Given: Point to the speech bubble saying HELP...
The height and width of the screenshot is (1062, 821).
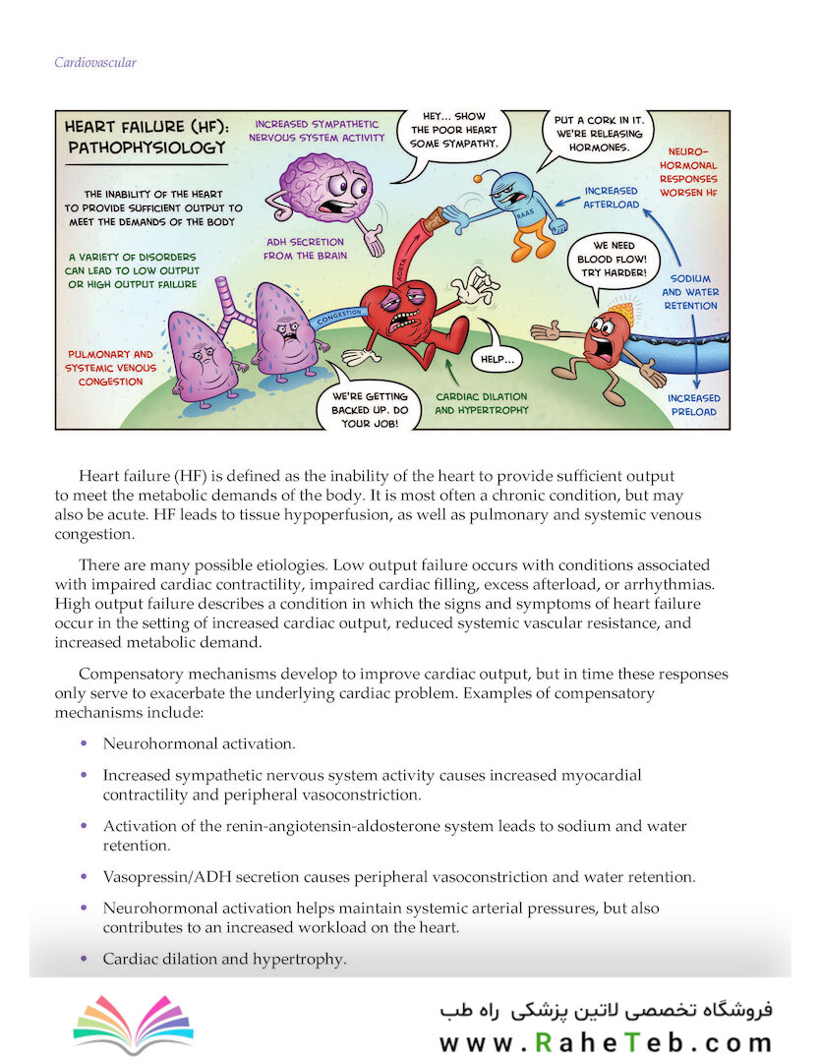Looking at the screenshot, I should pos(498,360).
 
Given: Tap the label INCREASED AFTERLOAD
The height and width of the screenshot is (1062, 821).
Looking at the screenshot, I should pos(611,197).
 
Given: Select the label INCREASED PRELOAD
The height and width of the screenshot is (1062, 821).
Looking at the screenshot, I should pos(693,404).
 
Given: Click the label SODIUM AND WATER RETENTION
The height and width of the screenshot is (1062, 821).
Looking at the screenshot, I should pos(689,292).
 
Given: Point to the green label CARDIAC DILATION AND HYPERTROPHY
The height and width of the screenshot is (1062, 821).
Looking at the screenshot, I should pos(481,403).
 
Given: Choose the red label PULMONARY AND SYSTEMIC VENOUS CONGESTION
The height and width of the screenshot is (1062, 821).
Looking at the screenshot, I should pos(110,367).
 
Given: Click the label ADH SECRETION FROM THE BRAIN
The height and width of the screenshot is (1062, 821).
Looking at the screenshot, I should pos(305,248).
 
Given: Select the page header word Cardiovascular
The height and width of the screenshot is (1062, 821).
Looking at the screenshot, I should pos(94,63).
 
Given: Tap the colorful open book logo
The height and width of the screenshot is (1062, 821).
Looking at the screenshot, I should pos(134,1024).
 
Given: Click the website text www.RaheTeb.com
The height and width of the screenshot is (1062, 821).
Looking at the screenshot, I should pos(606,1041).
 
